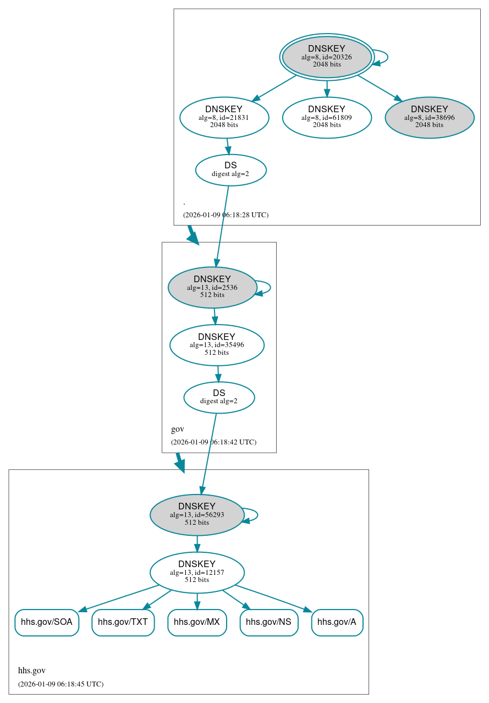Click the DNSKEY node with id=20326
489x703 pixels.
click(x=327, y=57)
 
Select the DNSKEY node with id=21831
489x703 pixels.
click(x=224, y=117)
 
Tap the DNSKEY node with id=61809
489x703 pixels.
click(x=327, y=117)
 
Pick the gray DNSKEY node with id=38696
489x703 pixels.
click(x=429, y=117)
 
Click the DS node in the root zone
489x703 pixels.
click(x=230, y=170)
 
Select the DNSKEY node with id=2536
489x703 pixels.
click(x=212, y=287)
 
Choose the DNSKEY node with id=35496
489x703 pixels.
click(x=217, y=345)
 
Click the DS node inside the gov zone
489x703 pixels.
click(x=219, y=397)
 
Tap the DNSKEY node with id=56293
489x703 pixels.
click(x=197, y=515)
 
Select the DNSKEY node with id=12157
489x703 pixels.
click(x=197, y=572)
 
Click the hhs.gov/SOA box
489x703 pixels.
click(x=47, y=622)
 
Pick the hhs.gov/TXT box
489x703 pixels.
click(x=123, y=622)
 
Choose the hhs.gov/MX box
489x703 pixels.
click(x=197, y=622)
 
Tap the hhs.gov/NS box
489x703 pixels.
click(x=268, y=622)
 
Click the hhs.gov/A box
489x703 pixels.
click(x=337, y=622)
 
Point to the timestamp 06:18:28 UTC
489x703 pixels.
click(x=226, y=215)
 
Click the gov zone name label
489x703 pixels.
click(x=178, y=429)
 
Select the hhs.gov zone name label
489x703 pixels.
click(x=32, y=671)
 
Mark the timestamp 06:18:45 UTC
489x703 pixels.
click(x=61, y=684)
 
